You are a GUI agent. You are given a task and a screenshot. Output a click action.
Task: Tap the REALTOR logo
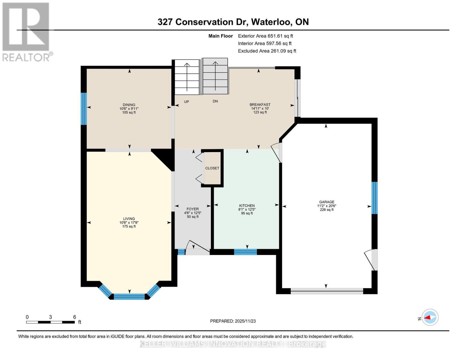coord(26,32)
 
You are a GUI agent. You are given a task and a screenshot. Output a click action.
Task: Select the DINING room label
coord(129,105)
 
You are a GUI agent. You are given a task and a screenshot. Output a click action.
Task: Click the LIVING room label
coord(129,219)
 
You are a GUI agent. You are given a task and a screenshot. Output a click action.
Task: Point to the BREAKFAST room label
coord(260,105)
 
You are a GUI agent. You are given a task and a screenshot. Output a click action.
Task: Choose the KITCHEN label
coord(247,206)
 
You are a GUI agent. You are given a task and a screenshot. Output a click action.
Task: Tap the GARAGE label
coord(326,202)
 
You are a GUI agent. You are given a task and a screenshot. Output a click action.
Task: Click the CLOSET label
coord(212,168)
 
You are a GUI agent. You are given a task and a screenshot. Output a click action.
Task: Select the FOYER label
coord(192,209)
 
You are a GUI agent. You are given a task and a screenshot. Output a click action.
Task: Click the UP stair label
coord(186,102)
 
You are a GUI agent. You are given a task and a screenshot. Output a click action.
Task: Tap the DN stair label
coord(215,101)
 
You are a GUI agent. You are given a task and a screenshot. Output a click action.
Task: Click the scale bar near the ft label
coord(50,322)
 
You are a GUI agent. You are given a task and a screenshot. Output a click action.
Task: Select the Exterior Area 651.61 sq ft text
coord(265,36)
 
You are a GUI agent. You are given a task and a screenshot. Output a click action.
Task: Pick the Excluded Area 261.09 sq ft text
coord(267,51)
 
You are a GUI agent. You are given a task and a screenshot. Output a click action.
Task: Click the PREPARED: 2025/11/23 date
coord(233,321)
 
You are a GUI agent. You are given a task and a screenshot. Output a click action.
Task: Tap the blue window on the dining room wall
coord(84,109)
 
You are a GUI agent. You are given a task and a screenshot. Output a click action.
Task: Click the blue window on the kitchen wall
coord(245,252)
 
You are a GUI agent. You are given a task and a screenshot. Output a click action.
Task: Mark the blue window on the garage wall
coord(374,198)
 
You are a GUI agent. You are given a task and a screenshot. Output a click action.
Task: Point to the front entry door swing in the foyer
coord(197,247)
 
